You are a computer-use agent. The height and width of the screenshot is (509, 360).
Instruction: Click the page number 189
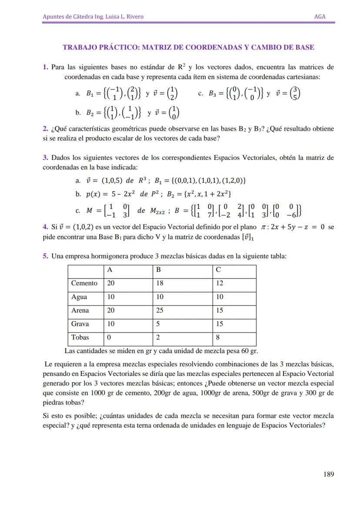point(328,474)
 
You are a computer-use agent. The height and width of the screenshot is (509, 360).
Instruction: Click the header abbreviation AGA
point(320,17)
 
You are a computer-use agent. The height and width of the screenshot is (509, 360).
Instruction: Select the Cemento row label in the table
point(84,283)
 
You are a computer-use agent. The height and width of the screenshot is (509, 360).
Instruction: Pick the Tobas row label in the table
point(80,337)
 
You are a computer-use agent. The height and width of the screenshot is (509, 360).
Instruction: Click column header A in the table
point(110,270)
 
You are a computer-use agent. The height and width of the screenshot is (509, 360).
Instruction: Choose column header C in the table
point(218,270)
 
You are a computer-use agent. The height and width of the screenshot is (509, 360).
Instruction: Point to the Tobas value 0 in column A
point(109,337)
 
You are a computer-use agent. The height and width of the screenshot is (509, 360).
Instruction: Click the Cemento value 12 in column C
point(220,283)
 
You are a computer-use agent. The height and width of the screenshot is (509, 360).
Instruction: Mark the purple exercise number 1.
point(45,67)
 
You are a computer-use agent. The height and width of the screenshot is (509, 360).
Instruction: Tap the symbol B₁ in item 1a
point(90,93)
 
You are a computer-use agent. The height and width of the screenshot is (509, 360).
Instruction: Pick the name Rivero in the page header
point(134,17)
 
